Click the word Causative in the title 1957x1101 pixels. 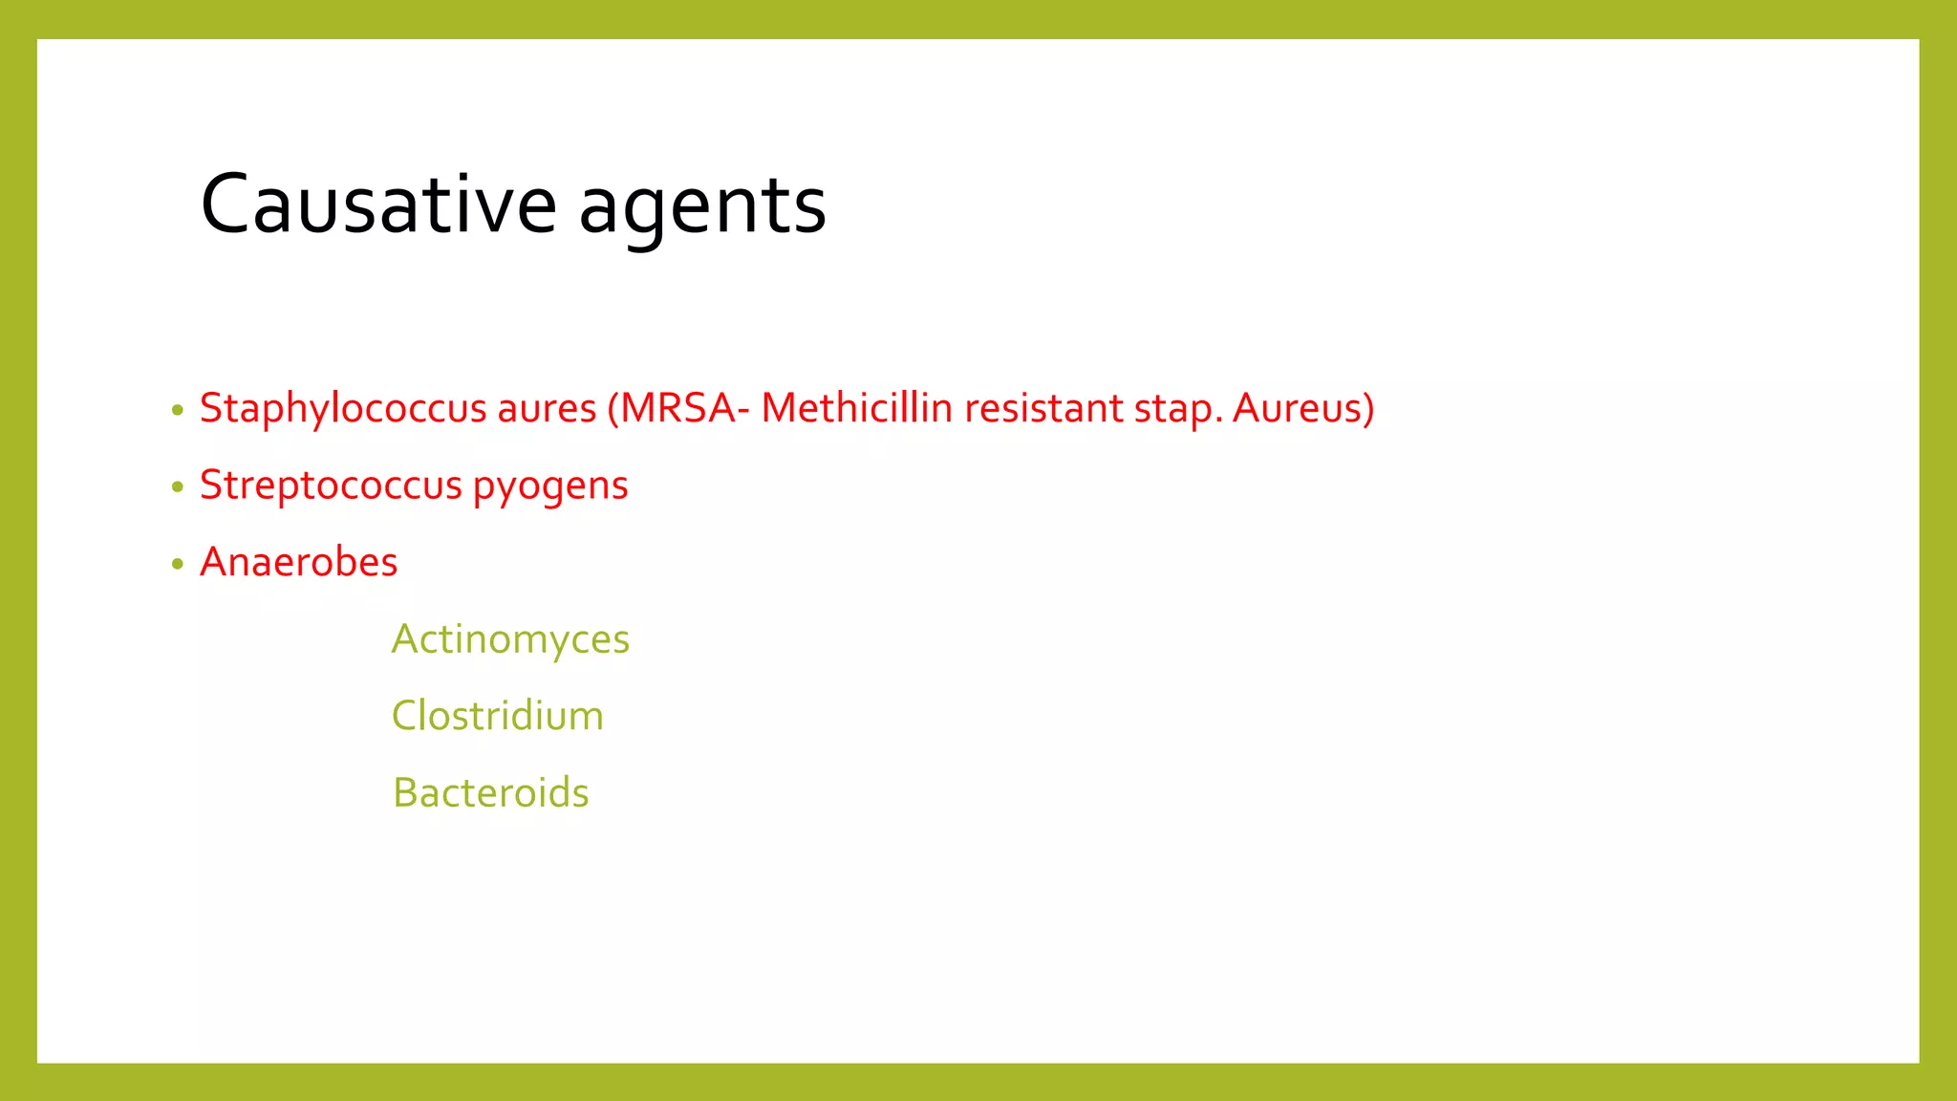pos(378,205)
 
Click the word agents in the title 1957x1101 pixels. pos(702,206)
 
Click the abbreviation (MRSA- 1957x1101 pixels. pos(678,409)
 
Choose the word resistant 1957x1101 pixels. pos(1043,409)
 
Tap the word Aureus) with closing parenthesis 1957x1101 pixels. pos(1303,409)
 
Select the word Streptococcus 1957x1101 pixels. pos(331,486)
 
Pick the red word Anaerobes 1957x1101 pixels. pos(298,562)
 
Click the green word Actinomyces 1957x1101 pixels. pos(510,639)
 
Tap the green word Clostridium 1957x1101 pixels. pos(498,716)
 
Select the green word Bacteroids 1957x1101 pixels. pos(490,793)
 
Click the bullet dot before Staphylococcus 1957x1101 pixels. pos(177,411)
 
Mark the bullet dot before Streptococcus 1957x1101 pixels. pos(177,487)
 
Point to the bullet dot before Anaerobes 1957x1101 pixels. pos(177,565)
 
